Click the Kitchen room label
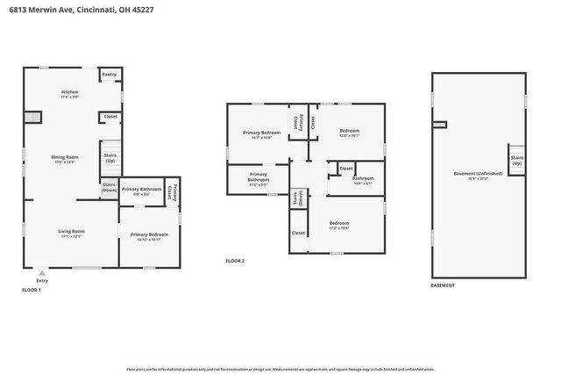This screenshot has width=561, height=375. click(69, 93)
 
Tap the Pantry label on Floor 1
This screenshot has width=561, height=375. click(110, 75)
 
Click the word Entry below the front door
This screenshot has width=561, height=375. click(42, 281)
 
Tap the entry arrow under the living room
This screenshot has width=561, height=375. click(42, 273)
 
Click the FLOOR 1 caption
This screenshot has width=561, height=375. click(31, 290)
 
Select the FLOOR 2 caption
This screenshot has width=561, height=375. click(235, 261)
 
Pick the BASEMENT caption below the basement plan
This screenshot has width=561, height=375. click(443, 286)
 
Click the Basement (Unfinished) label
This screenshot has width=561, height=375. click(478, 175)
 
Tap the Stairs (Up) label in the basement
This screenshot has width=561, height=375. click(517, 162)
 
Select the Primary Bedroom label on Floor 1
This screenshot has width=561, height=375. click(149, 235)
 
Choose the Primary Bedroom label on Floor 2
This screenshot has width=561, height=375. click(261, 134)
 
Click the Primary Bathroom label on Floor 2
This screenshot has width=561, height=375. click(258, 178)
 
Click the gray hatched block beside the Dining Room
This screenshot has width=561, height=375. click(33, 117)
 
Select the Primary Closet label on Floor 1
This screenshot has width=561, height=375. click(174, 191)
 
